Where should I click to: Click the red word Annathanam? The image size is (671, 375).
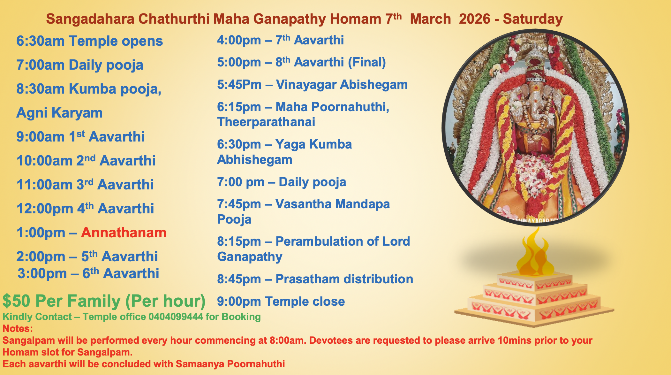click(124, 233)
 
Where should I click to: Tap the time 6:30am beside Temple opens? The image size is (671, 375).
click(40, 41)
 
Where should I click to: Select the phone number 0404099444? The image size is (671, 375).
click(176, 317)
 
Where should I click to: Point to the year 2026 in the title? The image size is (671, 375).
click(474, 19)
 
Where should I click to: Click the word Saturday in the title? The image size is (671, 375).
click(532, 19)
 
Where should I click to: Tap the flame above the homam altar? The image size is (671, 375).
click(535, 256)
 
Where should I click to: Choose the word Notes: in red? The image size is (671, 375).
click(18, 328)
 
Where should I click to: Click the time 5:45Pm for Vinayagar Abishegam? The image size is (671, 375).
click(239, 85)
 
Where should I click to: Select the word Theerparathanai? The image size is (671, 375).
click(266, 122)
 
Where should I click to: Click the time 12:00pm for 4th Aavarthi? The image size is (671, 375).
click(45, 209)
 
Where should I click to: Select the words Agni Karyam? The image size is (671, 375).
click(59, 113)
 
